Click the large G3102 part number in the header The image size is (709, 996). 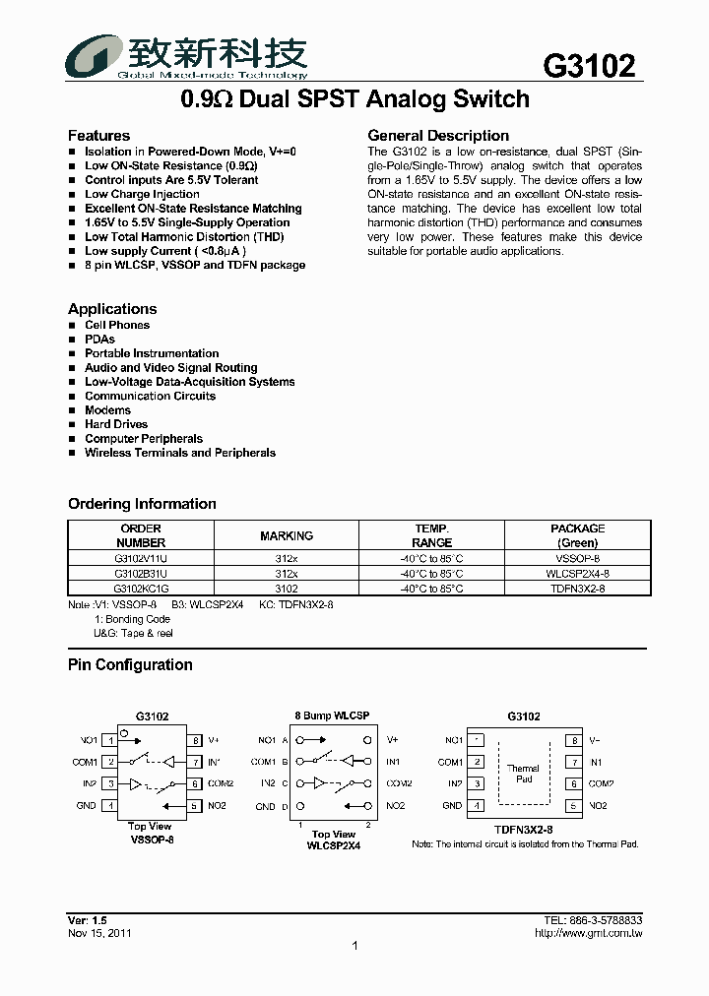tap(589, 65)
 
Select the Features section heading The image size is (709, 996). tap(98, 135)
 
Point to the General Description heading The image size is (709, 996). tap(438, 135)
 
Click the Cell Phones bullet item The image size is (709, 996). tap(117, 325)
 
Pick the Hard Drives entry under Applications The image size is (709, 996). tap(116, 424)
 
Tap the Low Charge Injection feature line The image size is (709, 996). tap(142, 194)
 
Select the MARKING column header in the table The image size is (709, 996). tap(287, 535)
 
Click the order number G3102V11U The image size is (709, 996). tap(141, 558)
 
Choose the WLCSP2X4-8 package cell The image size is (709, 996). tap(577, 573)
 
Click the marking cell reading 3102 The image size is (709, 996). tap(287, 588)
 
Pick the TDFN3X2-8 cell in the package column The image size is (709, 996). tap(577, 588)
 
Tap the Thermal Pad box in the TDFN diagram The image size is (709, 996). tap(523, 773)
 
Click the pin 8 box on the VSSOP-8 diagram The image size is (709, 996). tap(196, 740)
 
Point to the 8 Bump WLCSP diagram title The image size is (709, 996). tap(332, 716)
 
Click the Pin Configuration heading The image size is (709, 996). tap(130, 665)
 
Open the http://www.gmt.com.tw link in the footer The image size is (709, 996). tap(588, 933)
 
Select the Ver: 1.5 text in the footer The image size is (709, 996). tap(87, 919)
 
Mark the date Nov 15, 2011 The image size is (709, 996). tap(99, 933)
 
